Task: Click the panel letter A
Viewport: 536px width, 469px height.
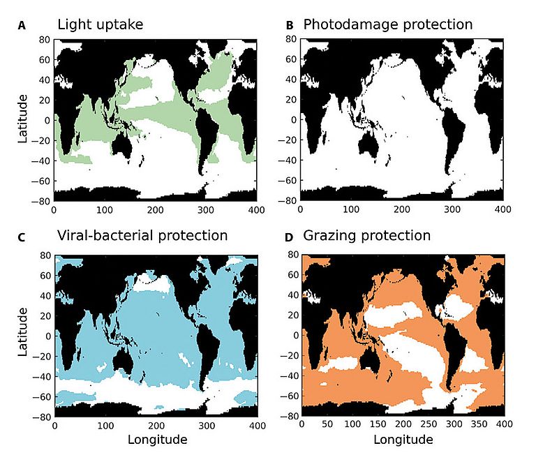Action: [x=22, y=26]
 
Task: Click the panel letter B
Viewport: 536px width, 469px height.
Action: [x=289, y=26]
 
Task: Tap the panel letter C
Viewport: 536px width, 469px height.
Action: [x=22, y=237]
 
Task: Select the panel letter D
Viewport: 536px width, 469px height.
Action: [x=289, y=237]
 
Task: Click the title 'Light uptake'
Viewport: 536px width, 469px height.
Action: [x=100, y=25]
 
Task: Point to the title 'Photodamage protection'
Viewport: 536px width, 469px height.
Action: [x=387, y=25]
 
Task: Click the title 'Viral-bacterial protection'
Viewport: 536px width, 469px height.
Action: [x=142, y=236]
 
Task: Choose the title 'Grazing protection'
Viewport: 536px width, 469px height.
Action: [x=367, y=236]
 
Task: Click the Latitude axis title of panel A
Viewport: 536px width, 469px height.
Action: [x=23, y=119]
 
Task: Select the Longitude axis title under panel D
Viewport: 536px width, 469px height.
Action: [x=403, y=440]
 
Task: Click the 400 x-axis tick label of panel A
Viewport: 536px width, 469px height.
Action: [x=257, y=208]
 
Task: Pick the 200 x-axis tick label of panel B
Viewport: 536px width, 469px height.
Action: [x=401, y=208]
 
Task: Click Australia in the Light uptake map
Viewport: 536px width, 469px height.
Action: [x=124, y=144]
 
